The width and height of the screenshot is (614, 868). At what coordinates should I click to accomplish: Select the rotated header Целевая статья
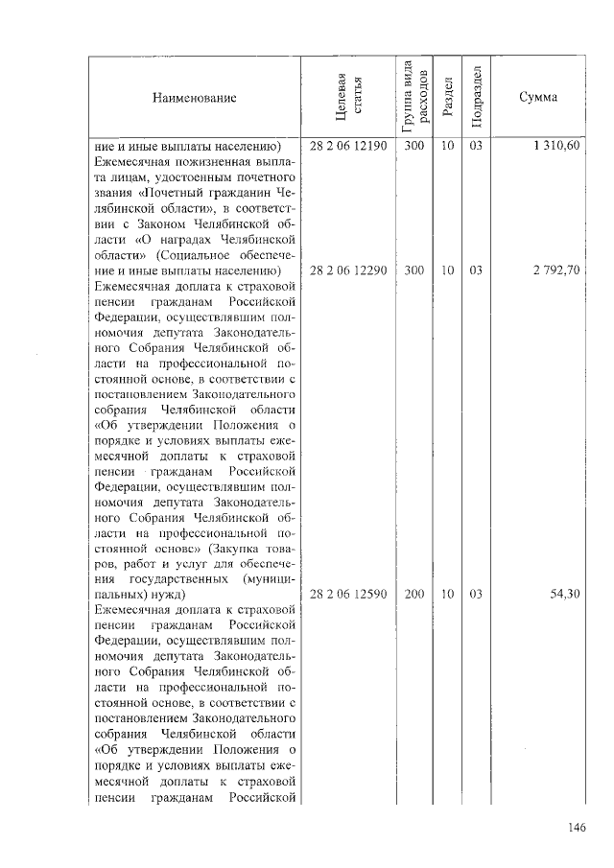[x=348, y=97]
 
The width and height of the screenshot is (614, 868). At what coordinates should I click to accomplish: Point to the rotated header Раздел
[x=447, y=97]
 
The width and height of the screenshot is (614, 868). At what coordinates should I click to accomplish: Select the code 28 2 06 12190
[x=348, y=147]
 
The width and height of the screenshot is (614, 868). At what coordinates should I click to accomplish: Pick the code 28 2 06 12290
[x=348, y=270]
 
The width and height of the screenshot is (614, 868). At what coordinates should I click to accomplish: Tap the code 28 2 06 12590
[x=348, y=595]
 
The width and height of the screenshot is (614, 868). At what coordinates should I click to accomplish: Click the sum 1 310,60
[x=556, y=147]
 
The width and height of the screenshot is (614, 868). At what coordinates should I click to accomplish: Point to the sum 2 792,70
[x=556, y=270]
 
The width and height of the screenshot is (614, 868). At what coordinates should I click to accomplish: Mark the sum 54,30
[x=564, y=595]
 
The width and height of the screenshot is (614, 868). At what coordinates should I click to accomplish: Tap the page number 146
[x=576, y=828]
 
